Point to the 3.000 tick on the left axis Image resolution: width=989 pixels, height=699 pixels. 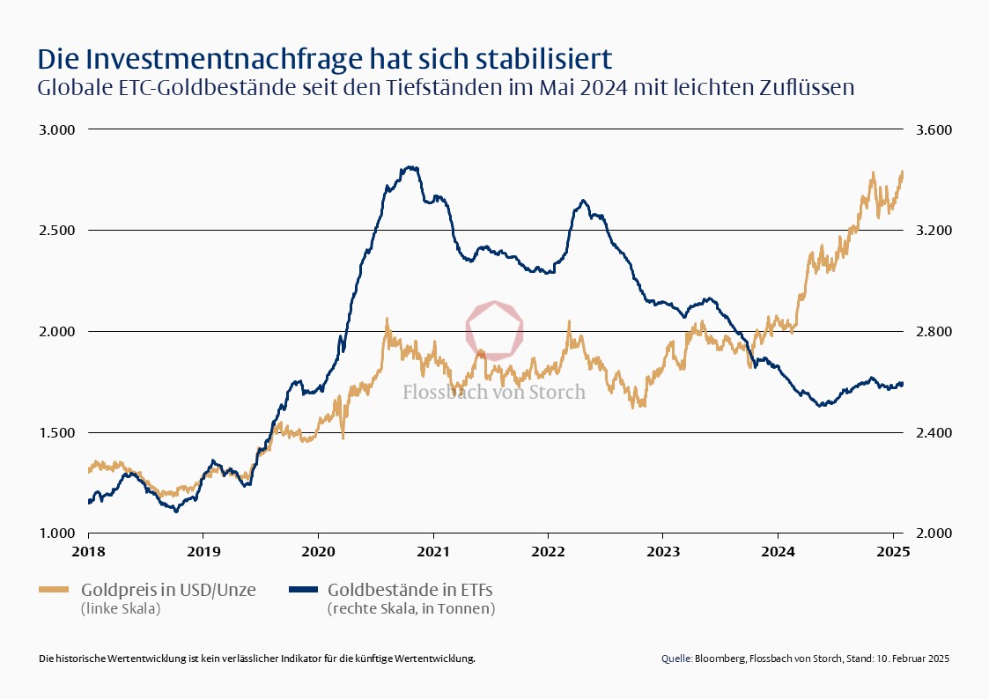click(57, 129)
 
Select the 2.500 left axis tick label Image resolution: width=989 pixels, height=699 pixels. click(57, 231)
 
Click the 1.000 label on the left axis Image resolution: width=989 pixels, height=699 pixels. click(57, 533)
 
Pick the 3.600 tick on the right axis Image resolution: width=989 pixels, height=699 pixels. click(933, 129)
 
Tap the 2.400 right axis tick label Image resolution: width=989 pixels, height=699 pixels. click(933, 432)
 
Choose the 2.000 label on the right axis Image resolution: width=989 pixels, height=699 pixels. click(933, 533)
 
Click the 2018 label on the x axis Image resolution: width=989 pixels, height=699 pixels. click(88, 553)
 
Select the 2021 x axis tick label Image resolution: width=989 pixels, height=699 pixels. click(432, 553)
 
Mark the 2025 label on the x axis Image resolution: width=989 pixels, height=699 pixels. click(893, 553)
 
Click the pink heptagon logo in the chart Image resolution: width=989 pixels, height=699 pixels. click(495, 329)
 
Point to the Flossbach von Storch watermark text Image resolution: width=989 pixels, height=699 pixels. click(494, 392)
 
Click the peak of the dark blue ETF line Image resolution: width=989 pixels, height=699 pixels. click(409, 166)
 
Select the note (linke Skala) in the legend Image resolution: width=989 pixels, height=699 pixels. click(120, 608)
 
